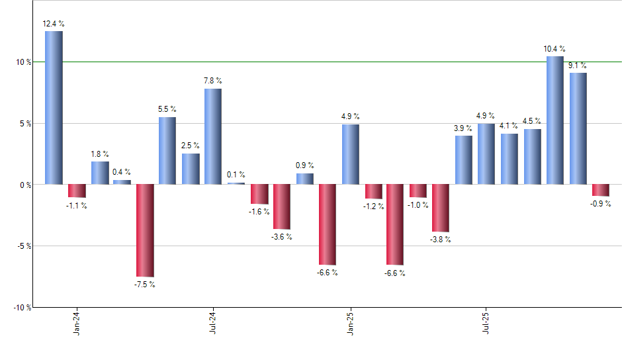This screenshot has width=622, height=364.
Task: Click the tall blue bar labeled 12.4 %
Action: pyautogui.click(x=54, y=108)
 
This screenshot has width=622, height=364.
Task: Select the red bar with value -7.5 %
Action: pyautogui.click(x=145, y=230)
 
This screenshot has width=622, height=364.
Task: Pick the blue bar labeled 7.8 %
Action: pyautogui.click(x=213, y=136)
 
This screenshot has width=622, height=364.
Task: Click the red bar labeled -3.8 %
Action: pyautogui.click(x=441, y=208)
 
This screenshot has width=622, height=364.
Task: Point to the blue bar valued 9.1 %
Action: pyautogui.click(x=578, y=128)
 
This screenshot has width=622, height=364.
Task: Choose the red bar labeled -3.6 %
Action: pyautogui.click(x=282, y=206)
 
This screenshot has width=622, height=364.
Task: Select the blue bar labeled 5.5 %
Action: pyautogui.click(x=167, y=151)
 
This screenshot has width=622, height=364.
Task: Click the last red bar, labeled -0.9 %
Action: pyautogui.click(x=601, y=190)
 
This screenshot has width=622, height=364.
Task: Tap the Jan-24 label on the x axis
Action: pyautogui.click(x=77, y=322)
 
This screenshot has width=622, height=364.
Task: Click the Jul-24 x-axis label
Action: pyautogui.click(x=213, y=322)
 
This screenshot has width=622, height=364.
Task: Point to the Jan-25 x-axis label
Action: pyautogui.click(x=350, y=322)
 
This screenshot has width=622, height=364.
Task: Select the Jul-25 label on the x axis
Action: pyautogui.click(x=486, y=322)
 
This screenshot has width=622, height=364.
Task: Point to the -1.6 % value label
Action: pyautogui.click(x=258, y=212)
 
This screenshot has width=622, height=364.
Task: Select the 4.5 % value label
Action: pyautogui.click(x=532, y=121)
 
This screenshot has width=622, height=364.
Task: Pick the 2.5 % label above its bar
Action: pyautogui.click(x=190, y=146)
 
